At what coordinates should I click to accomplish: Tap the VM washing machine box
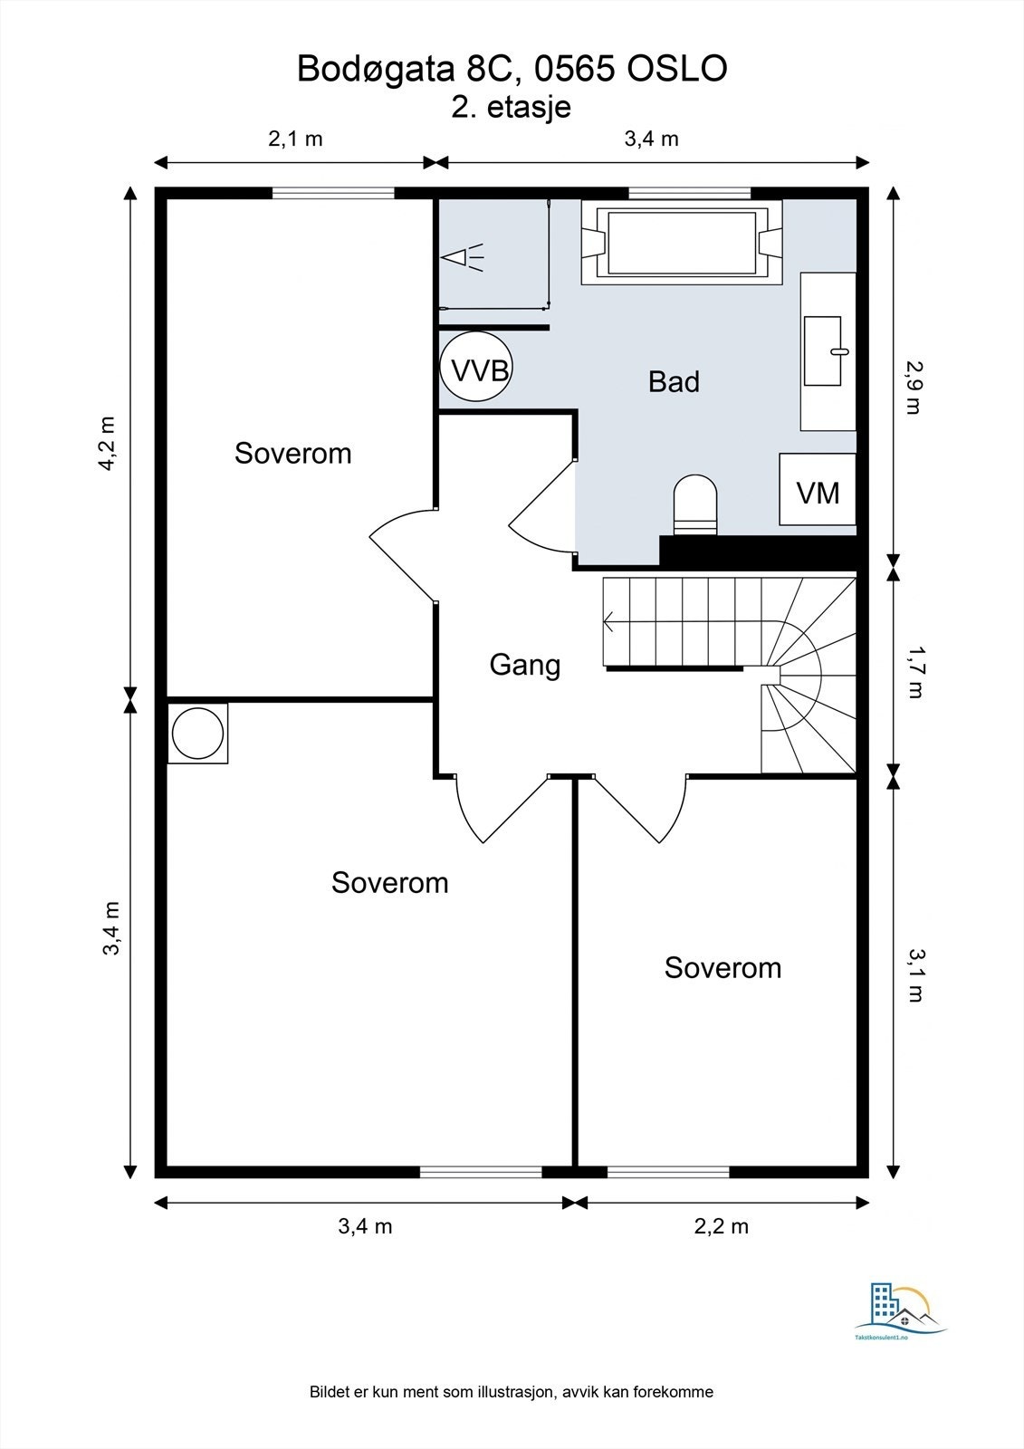pos(818,489)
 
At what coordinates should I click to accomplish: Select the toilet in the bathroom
pos(695,506)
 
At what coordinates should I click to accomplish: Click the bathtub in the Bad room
pos(681,242)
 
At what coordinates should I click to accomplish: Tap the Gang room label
pos(524,666)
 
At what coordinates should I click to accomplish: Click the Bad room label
pos(674,381)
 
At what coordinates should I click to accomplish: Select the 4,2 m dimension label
pos(110,444)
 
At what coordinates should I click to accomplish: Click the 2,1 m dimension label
pos(296,139)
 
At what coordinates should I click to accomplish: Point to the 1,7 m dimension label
pos(914,672)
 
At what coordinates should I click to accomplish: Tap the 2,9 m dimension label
pos(914,387)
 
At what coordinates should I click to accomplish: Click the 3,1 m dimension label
pos(914,975)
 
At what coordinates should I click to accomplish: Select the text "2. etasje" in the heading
pos(511,107)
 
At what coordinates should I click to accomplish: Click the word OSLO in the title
pos(676,69)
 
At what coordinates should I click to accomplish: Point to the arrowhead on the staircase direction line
pos(608,622)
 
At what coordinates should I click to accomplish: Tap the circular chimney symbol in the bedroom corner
pos(197,733)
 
